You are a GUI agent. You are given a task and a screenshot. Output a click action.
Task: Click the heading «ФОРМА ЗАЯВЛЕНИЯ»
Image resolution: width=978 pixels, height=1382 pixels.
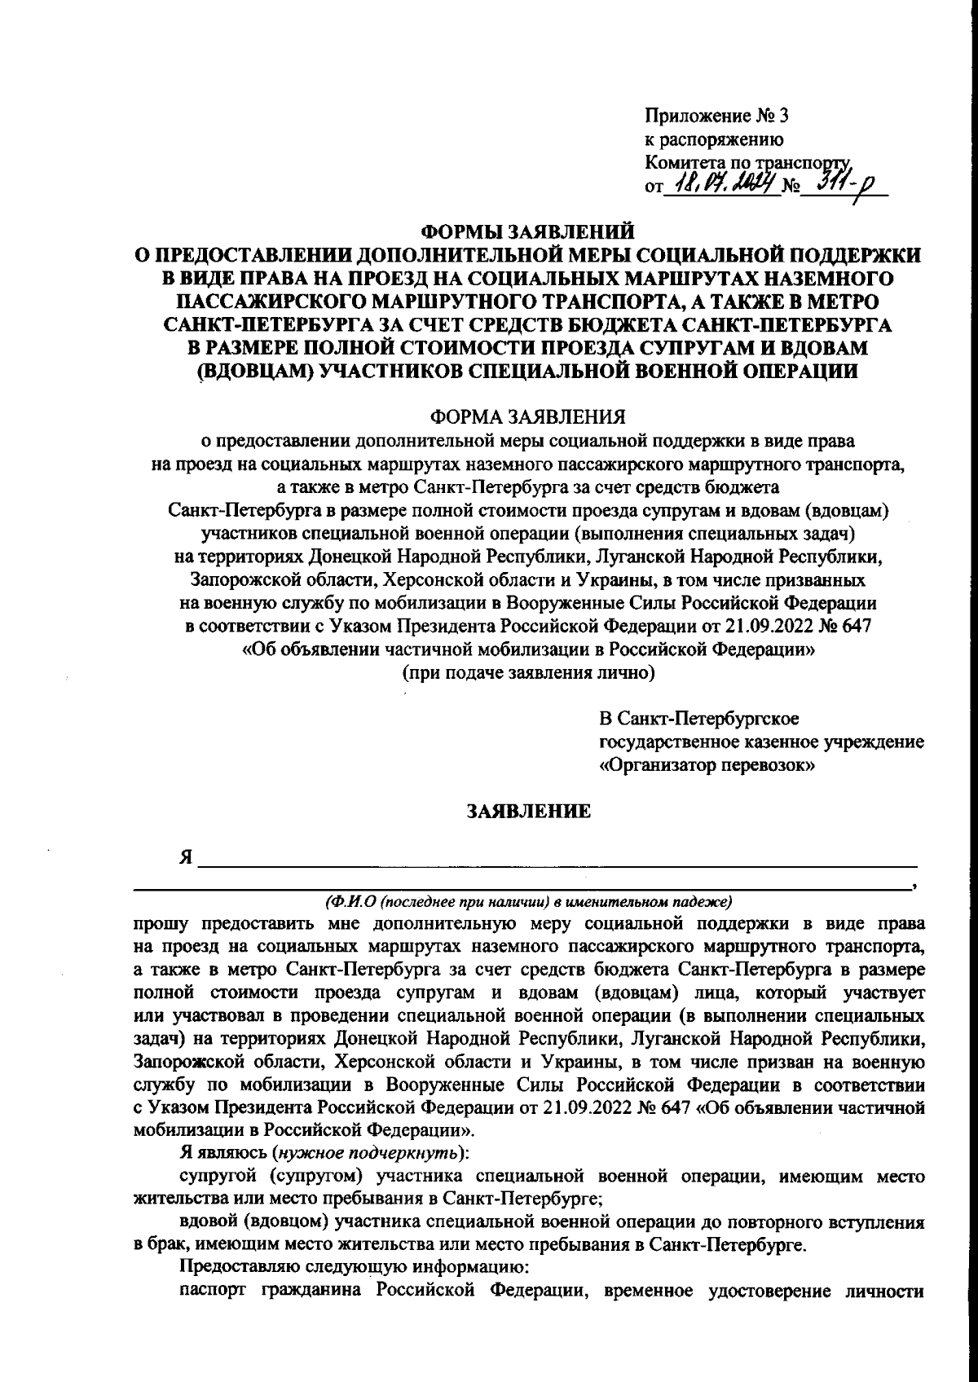point(527,417)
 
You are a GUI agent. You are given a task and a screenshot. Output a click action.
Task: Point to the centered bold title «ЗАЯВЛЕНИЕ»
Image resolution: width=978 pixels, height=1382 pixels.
point(527,811)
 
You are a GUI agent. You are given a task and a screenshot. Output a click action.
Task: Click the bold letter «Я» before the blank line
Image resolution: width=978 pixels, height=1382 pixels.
point(187,858)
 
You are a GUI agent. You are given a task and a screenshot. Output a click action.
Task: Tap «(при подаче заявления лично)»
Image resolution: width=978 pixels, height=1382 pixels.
point(527,673)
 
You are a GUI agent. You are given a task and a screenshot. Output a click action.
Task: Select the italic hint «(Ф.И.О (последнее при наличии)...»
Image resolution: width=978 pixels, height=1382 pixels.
point(528,901)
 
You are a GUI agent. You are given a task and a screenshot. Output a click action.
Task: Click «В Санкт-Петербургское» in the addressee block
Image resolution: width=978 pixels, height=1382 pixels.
point(699,720)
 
